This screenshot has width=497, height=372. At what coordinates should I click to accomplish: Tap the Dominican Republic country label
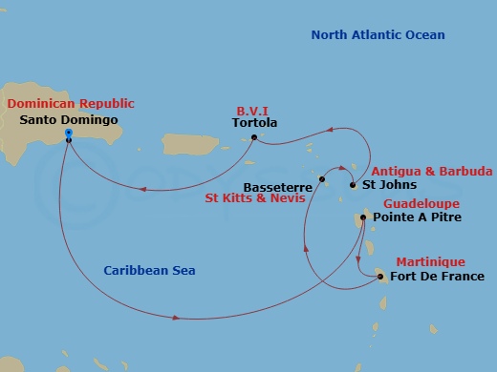(x=70, y=103)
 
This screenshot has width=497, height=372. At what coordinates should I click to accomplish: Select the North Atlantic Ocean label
(x=378, y=35)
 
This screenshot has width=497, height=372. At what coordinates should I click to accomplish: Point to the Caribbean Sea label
(x=149, y=271)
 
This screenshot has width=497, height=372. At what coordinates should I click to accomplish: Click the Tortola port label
(x=254, y=123)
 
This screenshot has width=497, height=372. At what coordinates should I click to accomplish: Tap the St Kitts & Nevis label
(x=256, y=199)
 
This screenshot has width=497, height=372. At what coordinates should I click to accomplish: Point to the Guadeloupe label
(x=421, y=204)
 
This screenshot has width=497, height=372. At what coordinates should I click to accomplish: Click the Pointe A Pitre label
(x=421, y=217)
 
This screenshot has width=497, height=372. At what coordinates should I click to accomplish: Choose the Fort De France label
(x=438, y=277)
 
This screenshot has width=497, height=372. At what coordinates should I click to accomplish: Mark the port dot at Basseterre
(x=323, y=179)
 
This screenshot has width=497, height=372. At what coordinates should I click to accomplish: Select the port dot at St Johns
(x=353, y=184)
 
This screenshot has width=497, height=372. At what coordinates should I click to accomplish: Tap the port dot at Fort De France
(x=381, y=278)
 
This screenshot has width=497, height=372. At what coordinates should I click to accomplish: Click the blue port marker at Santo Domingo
(x=69, y=134)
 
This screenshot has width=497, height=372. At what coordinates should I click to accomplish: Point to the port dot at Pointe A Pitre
(x=363, y=218)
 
